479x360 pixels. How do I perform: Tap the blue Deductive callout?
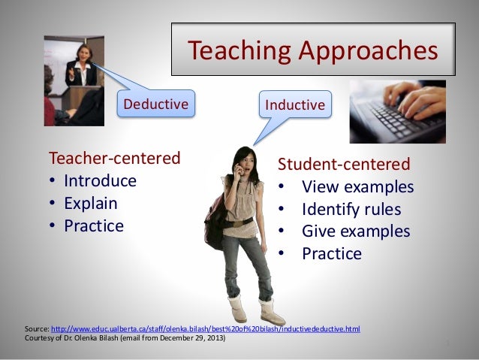click(155, 104)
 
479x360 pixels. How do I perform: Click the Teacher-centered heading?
click(114, 159)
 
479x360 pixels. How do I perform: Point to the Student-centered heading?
click(344, 164)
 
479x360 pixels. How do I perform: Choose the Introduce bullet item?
click(100, 181)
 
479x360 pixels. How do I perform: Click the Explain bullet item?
click(90, 203)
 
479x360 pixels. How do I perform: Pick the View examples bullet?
click(357, 186)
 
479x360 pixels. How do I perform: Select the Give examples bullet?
click(356, 231)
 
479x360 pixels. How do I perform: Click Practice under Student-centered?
click(331, 254)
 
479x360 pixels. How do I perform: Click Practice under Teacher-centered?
click(93, 225)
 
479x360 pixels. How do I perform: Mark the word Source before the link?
click(36, 329)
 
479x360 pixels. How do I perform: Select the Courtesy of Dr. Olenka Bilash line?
click(124, 338)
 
